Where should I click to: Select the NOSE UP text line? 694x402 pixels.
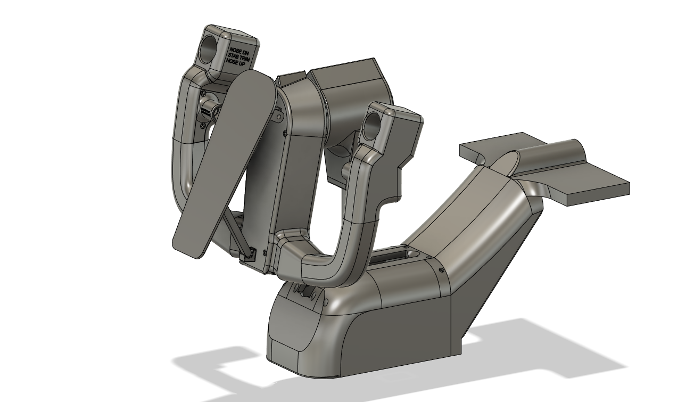coord(241,62)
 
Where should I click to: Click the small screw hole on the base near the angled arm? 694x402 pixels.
coord(441,270)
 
